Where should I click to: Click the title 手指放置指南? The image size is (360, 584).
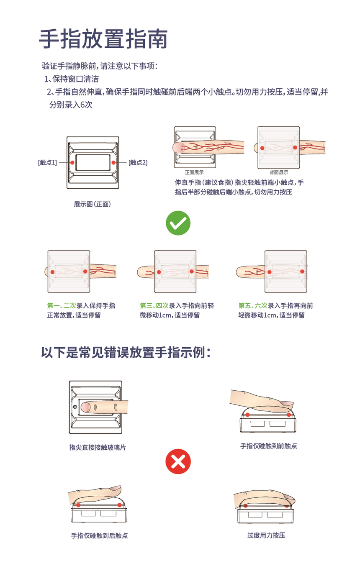pos(103,39)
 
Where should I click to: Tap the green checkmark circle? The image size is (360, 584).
pos(178,223)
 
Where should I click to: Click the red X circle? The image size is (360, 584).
pos(178,461)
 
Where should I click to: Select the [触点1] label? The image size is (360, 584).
pos(47,163)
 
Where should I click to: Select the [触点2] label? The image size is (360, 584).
pos(138,163)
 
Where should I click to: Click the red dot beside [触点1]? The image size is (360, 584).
pos(72,163)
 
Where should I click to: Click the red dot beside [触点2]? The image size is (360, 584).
pos(113,163)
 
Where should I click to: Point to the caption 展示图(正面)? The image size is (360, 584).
pos(93,204)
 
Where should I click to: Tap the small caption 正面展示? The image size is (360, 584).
pos(194,172)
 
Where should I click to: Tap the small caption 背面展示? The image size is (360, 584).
pos(279,172)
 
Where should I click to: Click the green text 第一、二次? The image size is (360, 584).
pos(62,305)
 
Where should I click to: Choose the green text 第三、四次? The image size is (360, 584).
pos(154,305)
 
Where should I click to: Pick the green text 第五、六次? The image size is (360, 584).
pos(253,305)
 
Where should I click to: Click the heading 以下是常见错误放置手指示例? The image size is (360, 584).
pos(126,353)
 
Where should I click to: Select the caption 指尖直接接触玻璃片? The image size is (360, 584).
pos(98,447)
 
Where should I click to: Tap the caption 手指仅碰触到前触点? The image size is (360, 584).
pos(268,446)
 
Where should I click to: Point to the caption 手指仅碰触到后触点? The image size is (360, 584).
pos(99,535)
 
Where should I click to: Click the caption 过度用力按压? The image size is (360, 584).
pos(266,535)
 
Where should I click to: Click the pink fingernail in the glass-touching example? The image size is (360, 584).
pos(85,407)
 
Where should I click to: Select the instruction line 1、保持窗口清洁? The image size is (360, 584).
pos(72,79)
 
